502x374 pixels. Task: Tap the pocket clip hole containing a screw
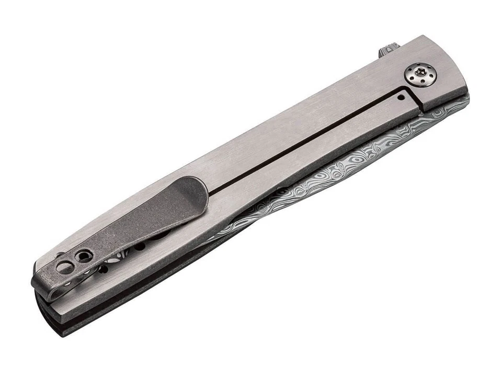click(x=83, y=256)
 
